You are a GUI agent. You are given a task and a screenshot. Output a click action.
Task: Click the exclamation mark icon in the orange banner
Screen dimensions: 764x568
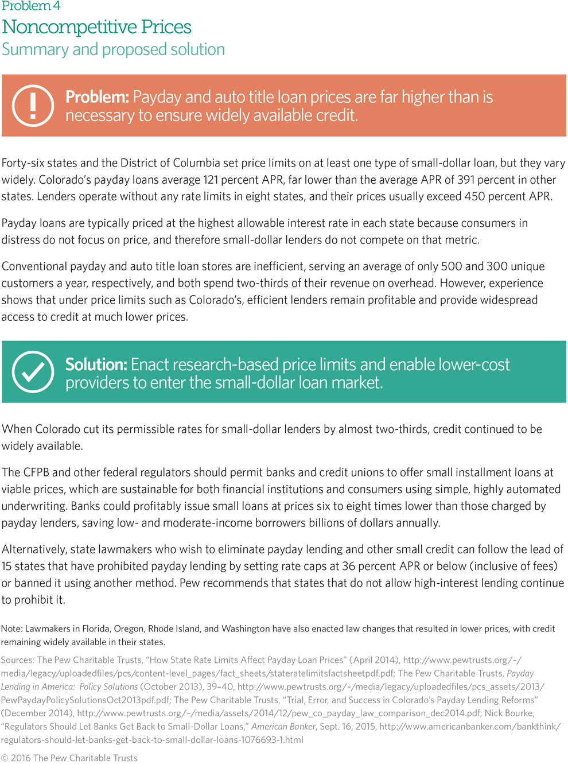(x=33, y=106)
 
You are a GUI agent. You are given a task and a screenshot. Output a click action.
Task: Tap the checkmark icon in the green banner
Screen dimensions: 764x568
(x=33, y=372)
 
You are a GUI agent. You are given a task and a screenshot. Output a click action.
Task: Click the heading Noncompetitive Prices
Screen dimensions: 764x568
(x=96, y=27)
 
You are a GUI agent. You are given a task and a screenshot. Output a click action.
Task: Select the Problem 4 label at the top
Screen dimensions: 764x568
(x=31, y=6)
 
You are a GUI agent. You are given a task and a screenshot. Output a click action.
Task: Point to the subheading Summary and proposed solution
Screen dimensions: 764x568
(x=113, y=49)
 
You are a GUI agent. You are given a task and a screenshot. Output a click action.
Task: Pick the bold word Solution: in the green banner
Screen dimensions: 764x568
(x=96, y=364)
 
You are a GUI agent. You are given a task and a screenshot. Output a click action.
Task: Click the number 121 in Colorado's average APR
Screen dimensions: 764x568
(x=212, y=180)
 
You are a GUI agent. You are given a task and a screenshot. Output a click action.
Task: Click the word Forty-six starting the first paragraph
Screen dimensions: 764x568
(x=25, y=163)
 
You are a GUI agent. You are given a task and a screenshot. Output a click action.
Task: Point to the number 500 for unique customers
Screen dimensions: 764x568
(x=452, y=266)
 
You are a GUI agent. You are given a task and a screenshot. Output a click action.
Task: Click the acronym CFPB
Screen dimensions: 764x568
(x=39, y=472)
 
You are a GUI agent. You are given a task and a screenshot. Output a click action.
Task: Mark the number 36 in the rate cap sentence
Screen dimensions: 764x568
(x=348, y=567)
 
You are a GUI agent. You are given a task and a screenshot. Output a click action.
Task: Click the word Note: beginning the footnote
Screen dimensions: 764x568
(x=11, y=629)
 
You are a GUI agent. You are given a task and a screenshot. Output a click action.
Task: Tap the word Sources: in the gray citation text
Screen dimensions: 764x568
(x=17, y=660)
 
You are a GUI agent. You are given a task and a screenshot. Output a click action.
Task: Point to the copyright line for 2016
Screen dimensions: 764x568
(x=69, y=758)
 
